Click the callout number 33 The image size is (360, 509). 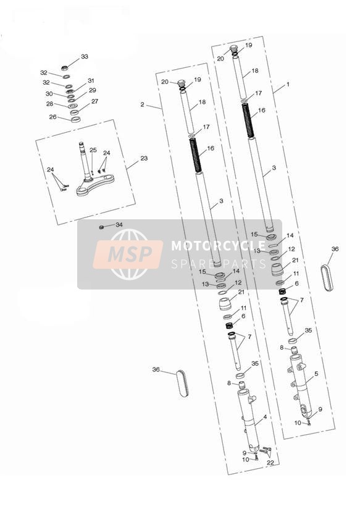click(x=85, y=56)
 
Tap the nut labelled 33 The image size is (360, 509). click(x=65, y=68)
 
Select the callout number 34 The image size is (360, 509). click(x=119, y=225)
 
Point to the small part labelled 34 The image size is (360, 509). click(x=101, y=227)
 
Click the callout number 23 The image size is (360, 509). click(x=144, y=158)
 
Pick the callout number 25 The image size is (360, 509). click(x=93, y=149)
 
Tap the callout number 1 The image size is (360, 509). click(x=288, y=85)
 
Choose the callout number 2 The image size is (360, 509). click(x=142, y=104)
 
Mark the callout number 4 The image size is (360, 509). click(x=265, y=417)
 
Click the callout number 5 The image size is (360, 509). click(x=316, y=374)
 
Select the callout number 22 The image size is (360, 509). click(x=270, y=463)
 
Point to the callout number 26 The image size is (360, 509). click(x=52, y=117)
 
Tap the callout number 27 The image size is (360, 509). click(x=94, y=101)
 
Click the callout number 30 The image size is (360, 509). click(x=49, y=93)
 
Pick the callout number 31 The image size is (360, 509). click(x=91, y=80)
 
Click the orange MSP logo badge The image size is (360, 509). click(x=128, y=254)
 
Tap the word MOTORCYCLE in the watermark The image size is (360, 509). click(x=219, y=245)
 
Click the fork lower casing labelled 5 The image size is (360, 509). click(x=301, y=385)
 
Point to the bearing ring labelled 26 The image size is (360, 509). click(x=75, y=119)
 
